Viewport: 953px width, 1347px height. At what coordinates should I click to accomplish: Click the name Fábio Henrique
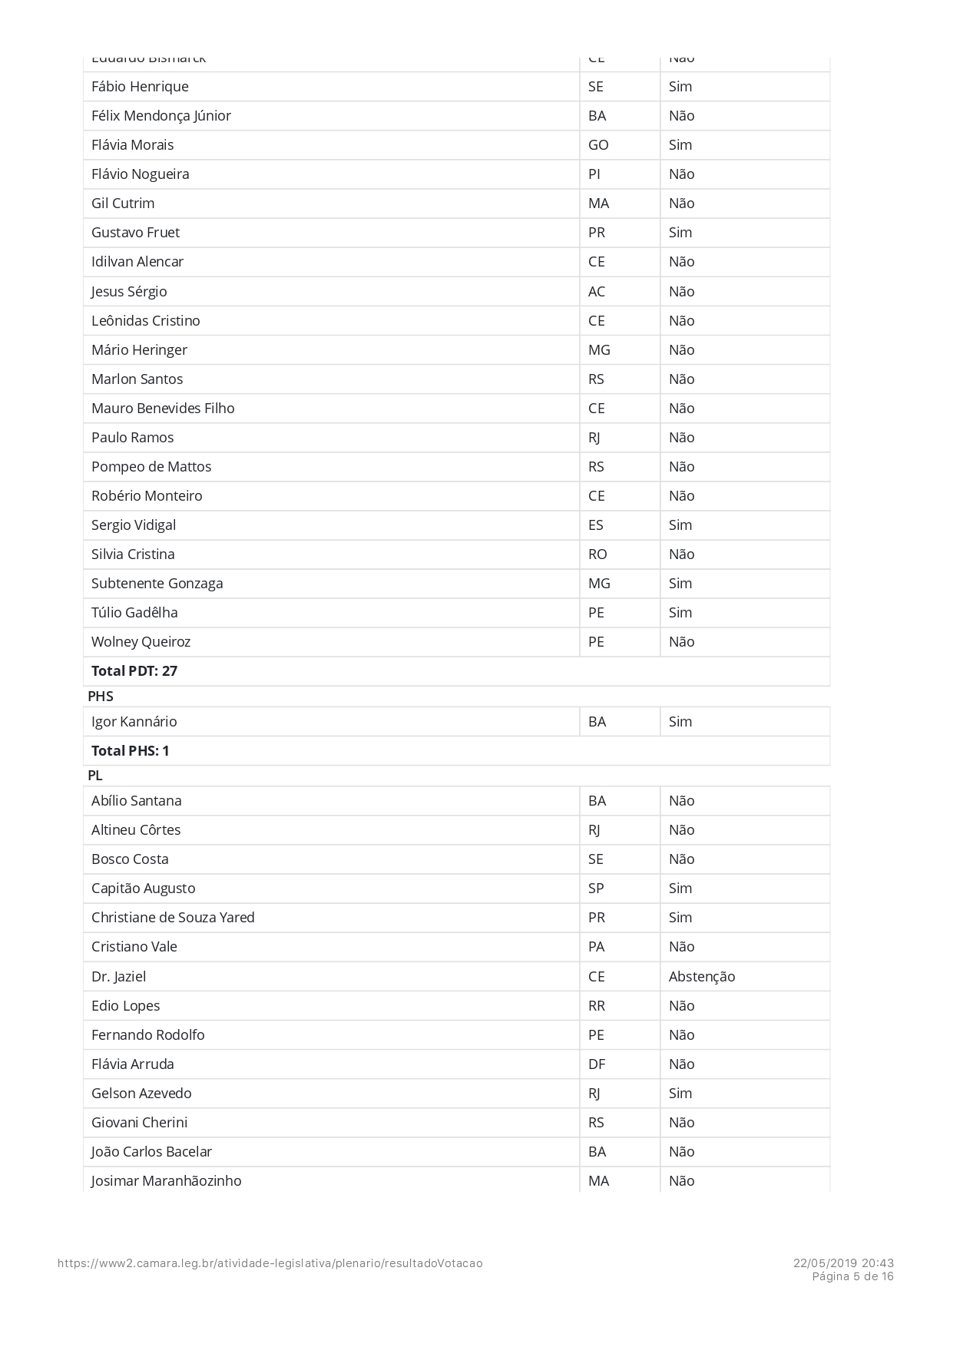[x=140, y=87]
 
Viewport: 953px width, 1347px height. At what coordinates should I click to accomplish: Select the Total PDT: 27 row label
[x=134, y=671]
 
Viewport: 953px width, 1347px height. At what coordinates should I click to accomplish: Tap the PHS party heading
[x=101, y=697]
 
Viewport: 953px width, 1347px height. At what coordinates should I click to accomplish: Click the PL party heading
[x=95, y=776]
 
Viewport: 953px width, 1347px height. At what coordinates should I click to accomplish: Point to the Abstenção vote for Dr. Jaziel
[x=702, y=977]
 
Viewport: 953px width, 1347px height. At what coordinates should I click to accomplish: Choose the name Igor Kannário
[x=134, y=722]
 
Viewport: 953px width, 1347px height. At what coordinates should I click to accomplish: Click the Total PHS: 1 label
[x=131, y=751]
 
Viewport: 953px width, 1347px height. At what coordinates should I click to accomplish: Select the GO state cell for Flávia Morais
[x=598, y=145]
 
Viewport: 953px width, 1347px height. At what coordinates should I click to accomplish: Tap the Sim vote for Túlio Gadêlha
[x=680, y=613]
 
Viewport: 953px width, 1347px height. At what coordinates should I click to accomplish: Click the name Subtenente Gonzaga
[x=157, y=584]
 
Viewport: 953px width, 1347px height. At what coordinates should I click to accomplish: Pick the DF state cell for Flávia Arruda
[x=597, y=1064]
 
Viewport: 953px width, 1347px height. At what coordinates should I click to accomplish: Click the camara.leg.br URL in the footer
[x=270, y=1263]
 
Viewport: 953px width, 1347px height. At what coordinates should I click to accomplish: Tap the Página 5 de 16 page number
[x=853, y=1276]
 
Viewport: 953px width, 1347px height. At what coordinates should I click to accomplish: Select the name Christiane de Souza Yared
[x=173, y=918]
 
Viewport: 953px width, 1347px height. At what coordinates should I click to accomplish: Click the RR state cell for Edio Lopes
[x=597, y=1006]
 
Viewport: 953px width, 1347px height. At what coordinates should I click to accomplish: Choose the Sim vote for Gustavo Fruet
[x=680, y=233]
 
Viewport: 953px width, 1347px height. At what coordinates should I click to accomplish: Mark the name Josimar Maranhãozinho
[x=167, y=1181]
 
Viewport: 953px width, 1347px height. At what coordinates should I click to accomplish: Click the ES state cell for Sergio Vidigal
[x=596, y=525]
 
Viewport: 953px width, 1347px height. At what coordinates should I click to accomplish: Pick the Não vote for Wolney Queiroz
[x=682, y=642]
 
